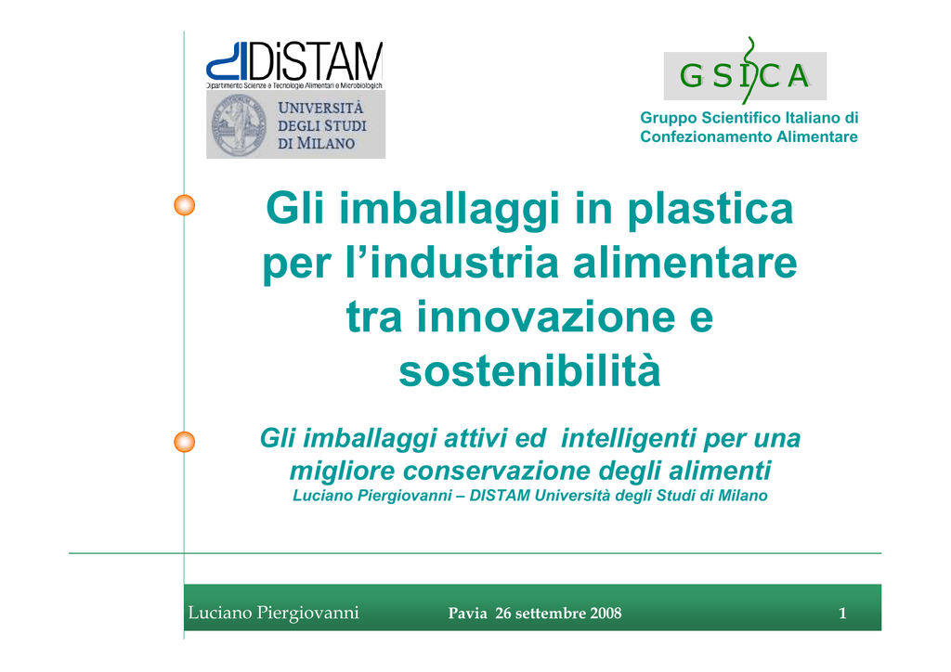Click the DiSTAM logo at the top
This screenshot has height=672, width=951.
point(294,65)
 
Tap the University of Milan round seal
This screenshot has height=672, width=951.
point(239,125)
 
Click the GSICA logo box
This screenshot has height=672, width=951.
point(745,75)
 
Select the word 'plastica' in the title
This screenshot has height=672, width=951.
point(710,210)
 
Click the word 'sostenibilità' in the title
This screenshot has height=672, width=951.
point(528,370)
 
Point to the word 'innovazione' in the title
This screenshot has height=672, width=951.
point(546,317)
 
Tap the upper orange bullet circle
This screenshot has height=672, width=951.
point(185,205)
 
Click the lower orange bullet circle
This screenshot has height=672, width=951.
point(185,442)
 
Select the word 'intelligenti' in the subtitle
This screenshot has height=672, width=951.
point(628,439)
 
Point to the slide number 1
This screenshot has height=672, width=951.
point(842,614)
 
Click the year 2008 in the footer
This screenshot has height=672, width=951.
point(606,614)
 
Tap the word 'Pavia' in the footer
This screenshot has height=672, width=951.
point(468,614)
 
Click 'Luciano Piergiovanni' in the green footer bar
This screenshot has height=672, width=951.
point(274,614)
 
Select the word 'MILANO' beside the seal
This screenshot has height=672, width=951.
point(325,144)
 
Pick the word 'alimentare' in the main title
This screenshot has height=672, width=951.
point(684,263)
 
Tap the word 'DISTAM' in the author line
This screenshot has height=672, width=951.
point(500,496)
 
